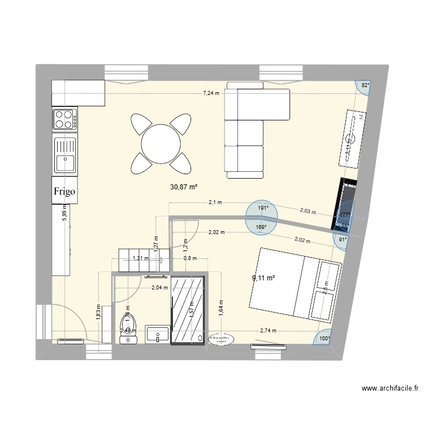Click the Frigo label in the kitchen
point(64,191)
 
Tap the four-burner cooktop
point(64,119)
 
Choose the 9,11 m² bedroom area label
point(263,278)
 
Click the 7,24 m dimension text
point(211,94)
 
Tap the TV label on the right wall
point(357,118)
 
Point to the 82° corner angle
point(365,85)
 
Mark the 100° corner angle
point(325,339)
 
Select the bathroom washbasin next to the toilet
point(157,334)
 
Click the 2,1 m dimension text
point(215,202)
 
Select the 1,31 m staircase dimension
point(140,258)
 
